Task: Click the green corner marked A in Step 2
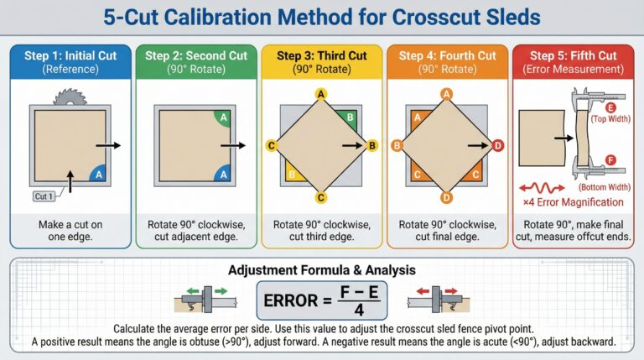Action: pos(224,118)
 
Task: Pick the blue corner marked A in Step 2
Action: pos(224,174)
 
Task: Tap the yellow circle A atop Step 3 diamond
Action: pos(320,93)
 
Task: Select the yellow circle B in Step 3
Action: pos(373,145)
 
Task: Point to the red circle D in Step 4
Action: pos(498,145)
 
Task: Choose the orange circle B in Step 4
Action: pos(397,145)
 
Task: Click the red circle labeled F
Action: pos(610,159)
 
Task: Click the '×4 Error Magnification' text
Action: pos(573,202)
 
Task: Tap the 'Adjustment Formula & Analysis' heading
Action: pos(322,270)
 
